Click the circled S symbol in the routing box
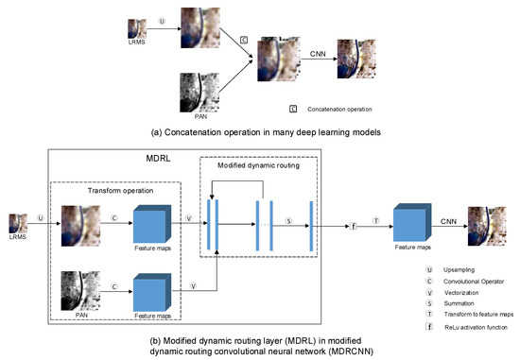290,224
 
